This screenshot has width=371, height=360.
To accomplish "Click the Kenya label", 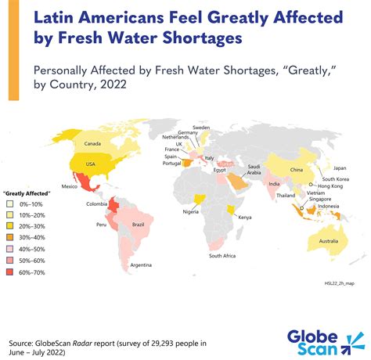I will (x=244, y=216).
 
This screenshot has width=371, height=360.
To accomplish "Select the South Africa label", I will (x=222, y=256).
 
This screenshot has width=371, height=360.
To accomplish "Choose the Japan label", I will (x=340, y=167).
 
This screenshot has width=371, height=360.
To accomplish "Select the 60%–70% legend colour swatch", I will (x=9, y=272).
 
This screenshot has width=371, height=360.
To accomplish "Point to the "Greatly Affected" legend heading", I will (x=27, y=191).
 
